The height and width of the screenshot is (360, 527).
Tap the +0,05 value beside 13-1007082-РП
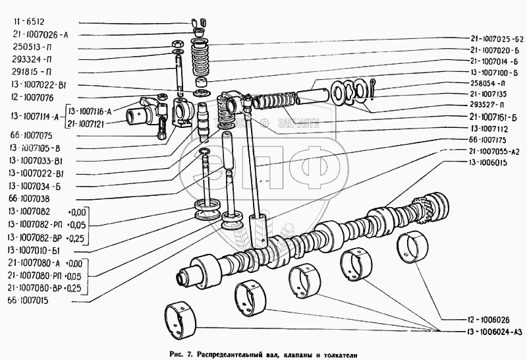[77, 225]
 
